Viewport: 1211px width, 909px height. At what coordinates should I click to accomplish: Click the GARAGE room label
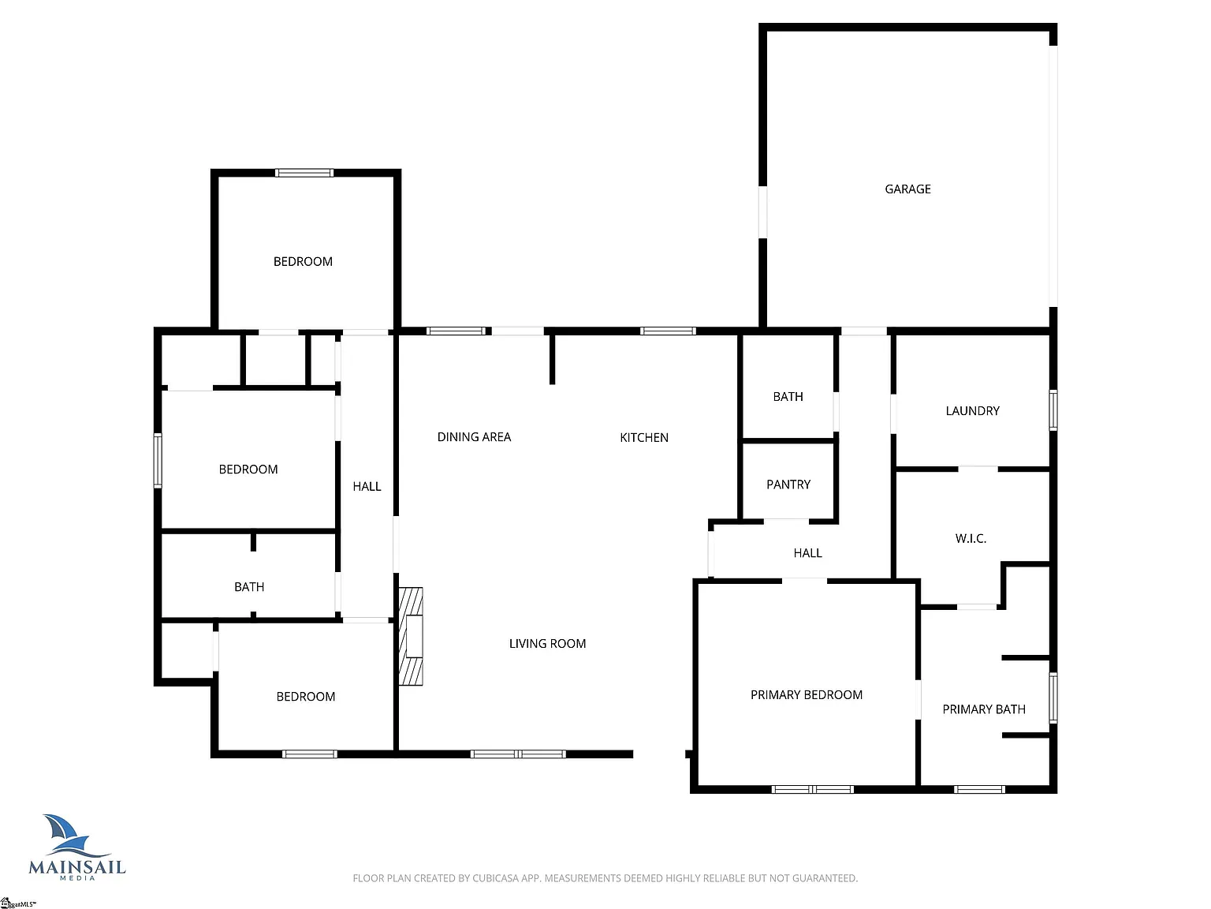tap(907, 189)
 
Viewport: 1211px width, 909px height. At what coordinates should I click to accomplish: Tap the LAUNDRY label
tap(972, 411)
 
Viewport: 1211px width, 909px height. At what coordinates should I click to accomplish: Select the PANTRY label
tap(788, 484)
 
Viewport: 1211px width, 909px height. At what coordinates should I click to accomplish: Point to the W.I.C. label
tap(971, 539)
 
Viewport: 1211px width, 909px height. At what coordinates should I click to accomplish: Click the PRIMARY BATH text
tap(984, 709)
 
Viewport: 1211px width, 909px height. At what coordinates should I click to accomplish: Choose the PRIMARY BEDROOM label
tap(806, 695)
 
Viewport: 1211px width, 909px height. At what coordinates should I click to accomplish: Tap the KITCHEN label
tap(644, 438)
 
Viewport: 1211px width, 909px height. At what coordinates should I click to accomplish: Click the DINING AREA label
tap(474, 437)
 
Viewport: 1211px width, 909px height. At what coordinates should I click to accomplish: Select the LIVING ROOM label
tap(547, 644)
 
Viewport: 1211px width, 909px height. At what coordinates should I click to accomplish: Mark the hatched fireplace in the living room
tap(411, 636)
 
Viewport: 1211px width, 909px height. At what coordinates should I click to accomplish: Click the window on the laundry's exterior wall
tap(1053, 410)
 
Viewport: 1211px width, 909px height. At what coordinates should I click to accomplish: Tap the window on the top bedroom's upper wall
tap(304, 173)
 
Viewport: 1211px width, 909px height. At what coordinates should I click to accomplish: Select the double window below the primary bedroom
tap(812, 790)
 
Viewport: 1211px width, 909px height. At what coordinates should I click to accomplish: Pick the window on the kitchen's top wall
tap(668, 331)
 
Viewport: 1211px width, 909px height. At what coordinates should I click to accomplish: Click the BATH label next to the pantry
tap(788, 397)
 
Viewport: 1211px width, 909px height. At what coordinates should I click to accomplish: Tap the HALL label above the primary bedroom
tap(807, 553)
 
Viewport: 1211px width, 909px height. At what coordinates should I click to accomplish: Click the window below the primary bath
tap(979, 790)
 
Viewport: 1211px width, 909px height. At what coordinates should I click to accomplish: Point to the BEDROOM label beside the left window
tap(248, 469)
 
